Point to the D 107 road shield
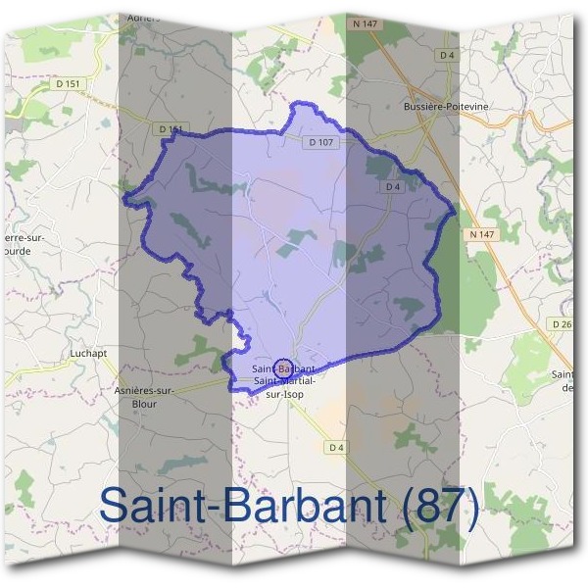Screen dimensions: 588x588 click(x=321, y=142)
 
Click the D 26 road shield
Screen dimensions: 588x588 click(x=562, y=324)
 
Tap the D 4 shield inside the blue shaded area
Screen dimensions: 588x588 click(x=394, y=186)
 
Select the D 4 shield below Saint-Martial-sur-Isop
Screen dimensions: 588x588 click(x=336, y=448)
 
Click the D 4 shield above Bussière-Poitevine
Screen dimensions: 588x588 click(x=448, y=55)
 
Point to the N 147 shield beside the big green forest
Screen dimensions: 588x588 click(x=479, y=234)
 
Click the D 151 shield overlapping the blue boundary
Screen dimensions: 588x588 click(x=171, y=129)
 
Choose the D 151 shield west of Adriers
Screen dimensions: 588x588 click(x=68, y=84)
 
